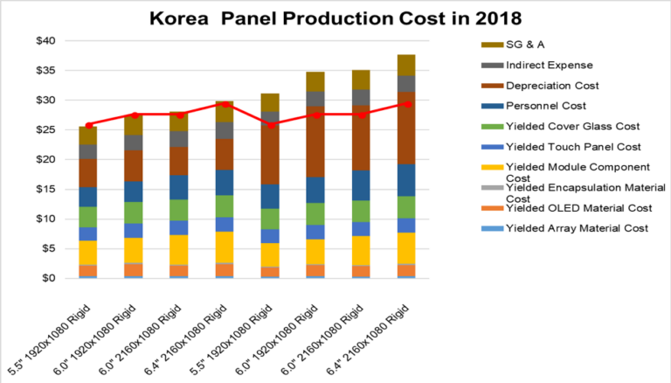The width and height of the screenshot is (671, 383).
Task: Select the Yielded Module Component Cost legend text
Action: [x=564, y=171]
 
